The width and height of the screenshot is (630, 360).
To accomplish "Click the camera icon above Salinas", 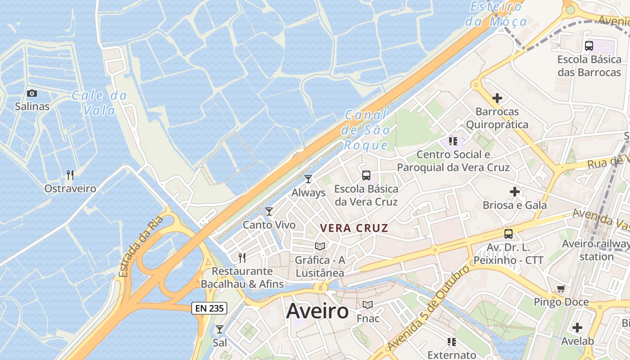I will [x=32, y=94].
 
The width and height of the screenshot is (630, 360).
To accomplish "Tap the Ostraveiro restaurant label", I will [x=70, y=189].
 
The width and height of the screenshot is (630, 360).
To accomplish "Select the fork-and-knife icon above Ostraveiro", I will [x=70, y=175].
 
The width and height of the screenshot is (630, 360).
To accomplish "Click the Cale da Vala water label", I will [x=99, y=103].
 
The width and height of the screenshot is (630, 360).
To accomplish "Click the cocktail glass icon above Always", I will [x=308, y=179].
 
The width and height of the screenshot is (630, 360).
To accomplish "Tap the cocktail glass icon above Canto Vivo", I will [x=269, y=211].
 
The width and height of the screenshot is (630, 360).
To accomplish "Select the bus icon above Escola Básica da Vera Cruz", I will [x=366, y=175].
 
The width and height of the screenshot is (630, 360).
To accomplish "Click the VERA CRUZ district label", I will [x=354, y=228].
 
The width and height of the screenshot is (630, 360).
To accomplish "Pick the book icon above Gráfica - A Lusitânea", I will [x=320, y=246].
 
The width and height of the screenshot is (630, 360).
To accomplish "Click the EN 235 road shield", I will [x=209, y=308].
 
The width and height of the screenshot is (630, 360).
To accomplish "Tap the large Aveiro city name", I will [x=317, y=311].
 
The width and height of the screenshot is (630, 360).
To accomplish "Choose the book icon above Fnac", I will [x=368, y=305].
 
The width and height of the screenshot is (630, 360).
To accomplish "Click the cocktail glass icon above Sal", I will [x=220, y=329].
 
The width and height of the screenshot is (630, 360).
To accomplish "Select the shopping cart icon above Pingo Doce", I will [x=561, y=288].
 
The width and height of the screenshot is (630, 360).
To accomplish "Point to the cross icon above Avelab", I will [x=577, y=328].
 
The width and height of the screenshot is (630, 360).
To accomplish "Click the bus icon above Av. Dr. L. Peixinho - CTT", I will [x=508, y=234].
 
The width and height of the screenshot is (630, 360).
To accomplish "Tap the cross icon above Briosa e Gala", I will [x=515, y=192].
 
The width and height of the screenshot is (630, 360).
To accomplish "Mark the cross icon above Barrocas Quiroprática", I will [x=497, y=98].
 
